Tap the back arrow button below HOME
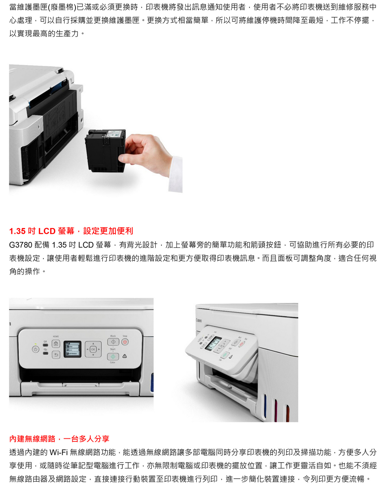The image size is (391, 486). (x=56, y=355)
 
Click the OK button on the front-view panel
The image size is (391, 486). (x=93, y=349)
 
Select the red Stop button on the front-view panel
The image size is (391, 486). (x=125, y=342)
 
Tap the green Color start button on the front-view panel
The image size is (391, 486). (x=113, y=356)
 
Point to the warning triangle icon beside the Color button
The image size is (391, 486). (x=124, y=356)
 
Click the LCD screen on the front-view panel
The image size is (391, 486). (x=72, y=349)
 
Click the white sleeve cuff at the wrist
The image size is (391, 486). (x=176, y=174)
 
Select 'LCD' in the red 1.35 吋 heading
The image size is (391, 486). (x=47, y=231)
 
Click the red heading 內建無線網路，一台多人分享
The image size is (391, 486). (x=59, y=439)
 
